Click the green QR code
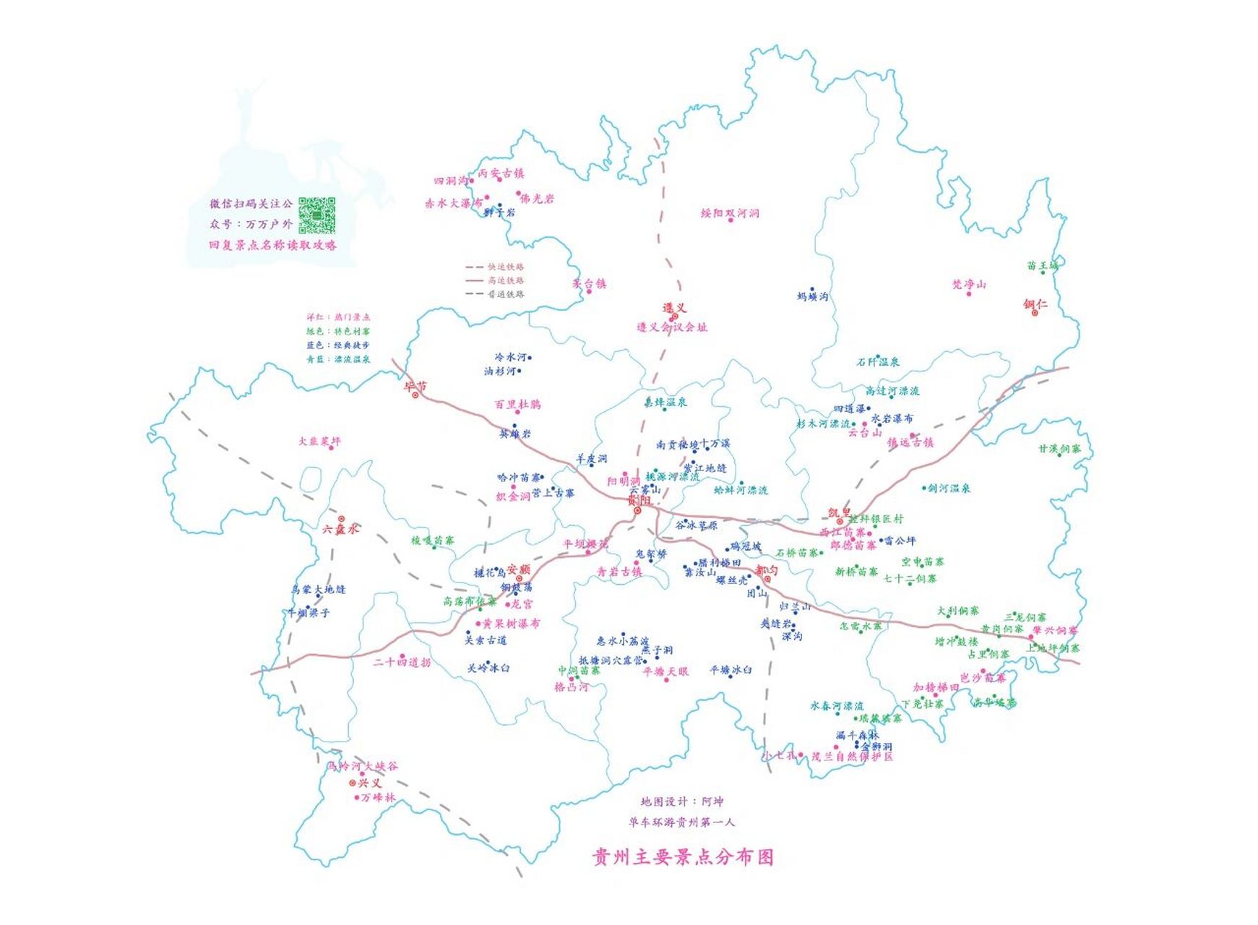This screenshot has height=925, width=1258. pyautogui.click(x=317, y=215)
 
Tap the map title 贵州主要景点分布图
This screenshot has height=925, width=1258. pyautogui.click(x=682, y=857)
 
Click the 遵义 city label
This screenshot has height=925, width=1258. pyautogui.click(x=674, y=308)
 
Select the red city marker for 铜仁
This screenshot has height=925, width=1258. pyautogui.click(x=1035, y=314)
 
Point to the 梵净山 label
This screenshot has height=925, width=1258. pyautogui.click(x=969, y=284)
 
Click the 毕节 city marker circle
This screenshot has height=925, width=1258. pyautogui.click(x=415, y=395)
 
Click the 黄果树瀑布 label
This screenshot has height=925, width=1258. pyautogui.click(x=511, y=623)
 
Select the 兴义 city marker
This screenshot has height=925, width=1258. pyautogui.click(x=353, y=783)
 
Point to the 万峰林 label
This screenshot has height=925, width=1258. pyautogui.click(x=378, y=798)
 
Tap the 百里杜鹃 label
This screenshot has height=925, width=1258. pyautogui.click(x=517, y=404)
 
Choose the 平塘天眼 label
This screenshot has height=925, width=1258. pyautogui.click(x=665, y=671)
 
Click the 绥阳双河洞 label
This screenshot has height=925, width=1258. pyautogui.click(x=730, y=213)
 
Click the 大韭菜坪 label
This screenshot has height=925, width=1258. pyautogui.click(x=319, y=441)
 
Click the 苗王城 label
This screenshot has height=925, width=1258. pyautogui.click(x=1042, y=265)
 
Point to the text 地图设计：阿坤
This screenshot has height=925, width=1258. pyautogui.click(x=681, y=801)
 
